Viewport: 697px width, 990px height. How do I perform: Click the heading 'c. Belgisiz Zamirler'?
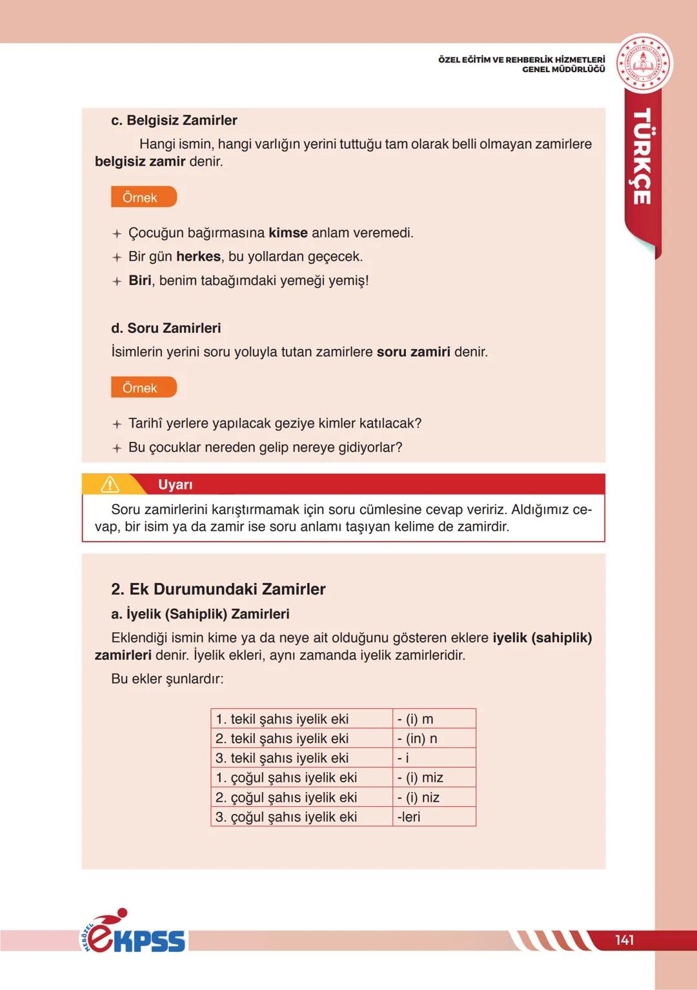[x=174, y=121]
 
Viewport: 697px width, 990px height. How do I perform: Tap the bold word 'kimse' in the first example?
[x=288, y=233]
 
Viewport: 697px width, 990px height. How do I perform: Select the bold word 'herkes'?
[x=198, y=257]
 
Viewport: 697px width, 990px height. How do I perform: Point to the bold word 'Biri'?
[x=139, y=281]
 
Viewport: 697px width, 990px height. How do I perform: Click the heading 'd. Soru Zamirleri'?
[x=166, y=328]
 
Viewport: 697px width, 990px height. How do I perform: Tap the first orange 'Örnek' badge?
[x=143, y=197]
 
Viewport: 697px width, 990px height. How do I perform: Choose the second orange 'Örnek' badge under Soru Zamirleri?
[x=143, y=388]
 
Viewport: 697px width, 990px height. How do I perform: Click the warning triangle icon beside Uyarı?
[x=110, y=484]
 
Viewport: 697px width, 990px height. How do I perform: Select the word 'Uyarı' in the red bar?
[x=175, y=484]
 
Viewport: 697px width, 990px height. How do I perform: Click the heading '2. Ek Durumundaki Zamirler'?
[x=218, y=589]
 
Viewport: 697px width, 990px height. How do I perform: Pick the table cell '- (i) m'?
[x=416, y=718]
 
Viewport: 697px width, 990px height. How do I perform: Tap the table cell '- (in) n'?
[x=418, y=738]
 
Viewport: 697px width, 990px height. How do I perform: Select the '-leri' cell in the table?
[x=409, y=817]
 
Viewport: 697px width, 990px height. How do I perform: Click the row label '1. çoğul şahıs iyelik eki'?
[x=286, y=778]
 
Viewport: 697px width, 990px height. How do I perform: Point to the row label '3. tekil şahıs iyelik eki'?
[x=282, y=758]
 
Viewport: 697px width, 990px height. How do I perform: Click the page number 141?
[x=624, y=940]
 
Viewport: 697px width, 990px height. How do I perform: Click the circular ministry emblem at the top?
[x=643, y=63]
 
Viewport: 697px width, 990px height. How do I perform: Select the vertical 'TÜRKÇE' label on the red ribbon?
[x=641, y=156]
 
